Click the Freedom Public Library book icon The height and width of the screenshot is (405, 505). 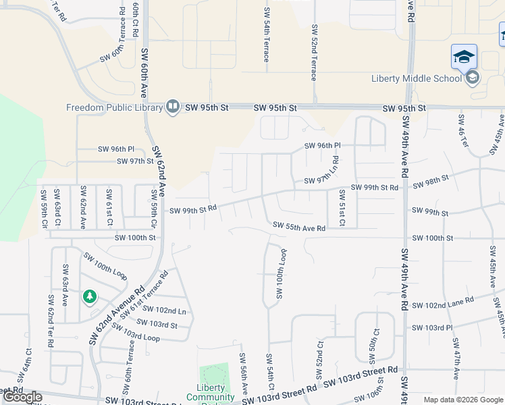(173, 107)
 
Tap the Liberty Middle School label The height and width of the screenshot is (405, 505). (417, 78)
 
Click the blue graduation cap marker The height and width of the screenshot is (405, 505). (464, 57)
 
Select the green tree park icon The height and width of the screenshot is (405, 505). (89, 296)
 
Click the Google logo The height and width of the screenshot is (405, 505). (22, 397)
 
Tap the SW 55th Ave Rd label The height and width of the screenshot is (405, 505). (299, 227)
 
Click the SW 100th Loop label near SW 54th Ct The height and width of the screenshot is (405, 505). (278, 276)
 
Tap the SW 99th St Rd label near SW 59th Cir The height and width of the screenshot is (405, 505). (192, 210)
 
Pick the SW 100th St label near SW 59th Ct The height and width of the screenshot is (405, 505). (135, 238)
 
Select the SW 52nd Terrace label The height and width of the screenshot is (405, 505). (314, 53)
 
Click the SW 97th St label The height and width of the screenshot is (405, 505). (135, 161)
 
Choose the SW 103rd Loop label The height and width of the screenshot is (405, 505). (136, 333)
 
